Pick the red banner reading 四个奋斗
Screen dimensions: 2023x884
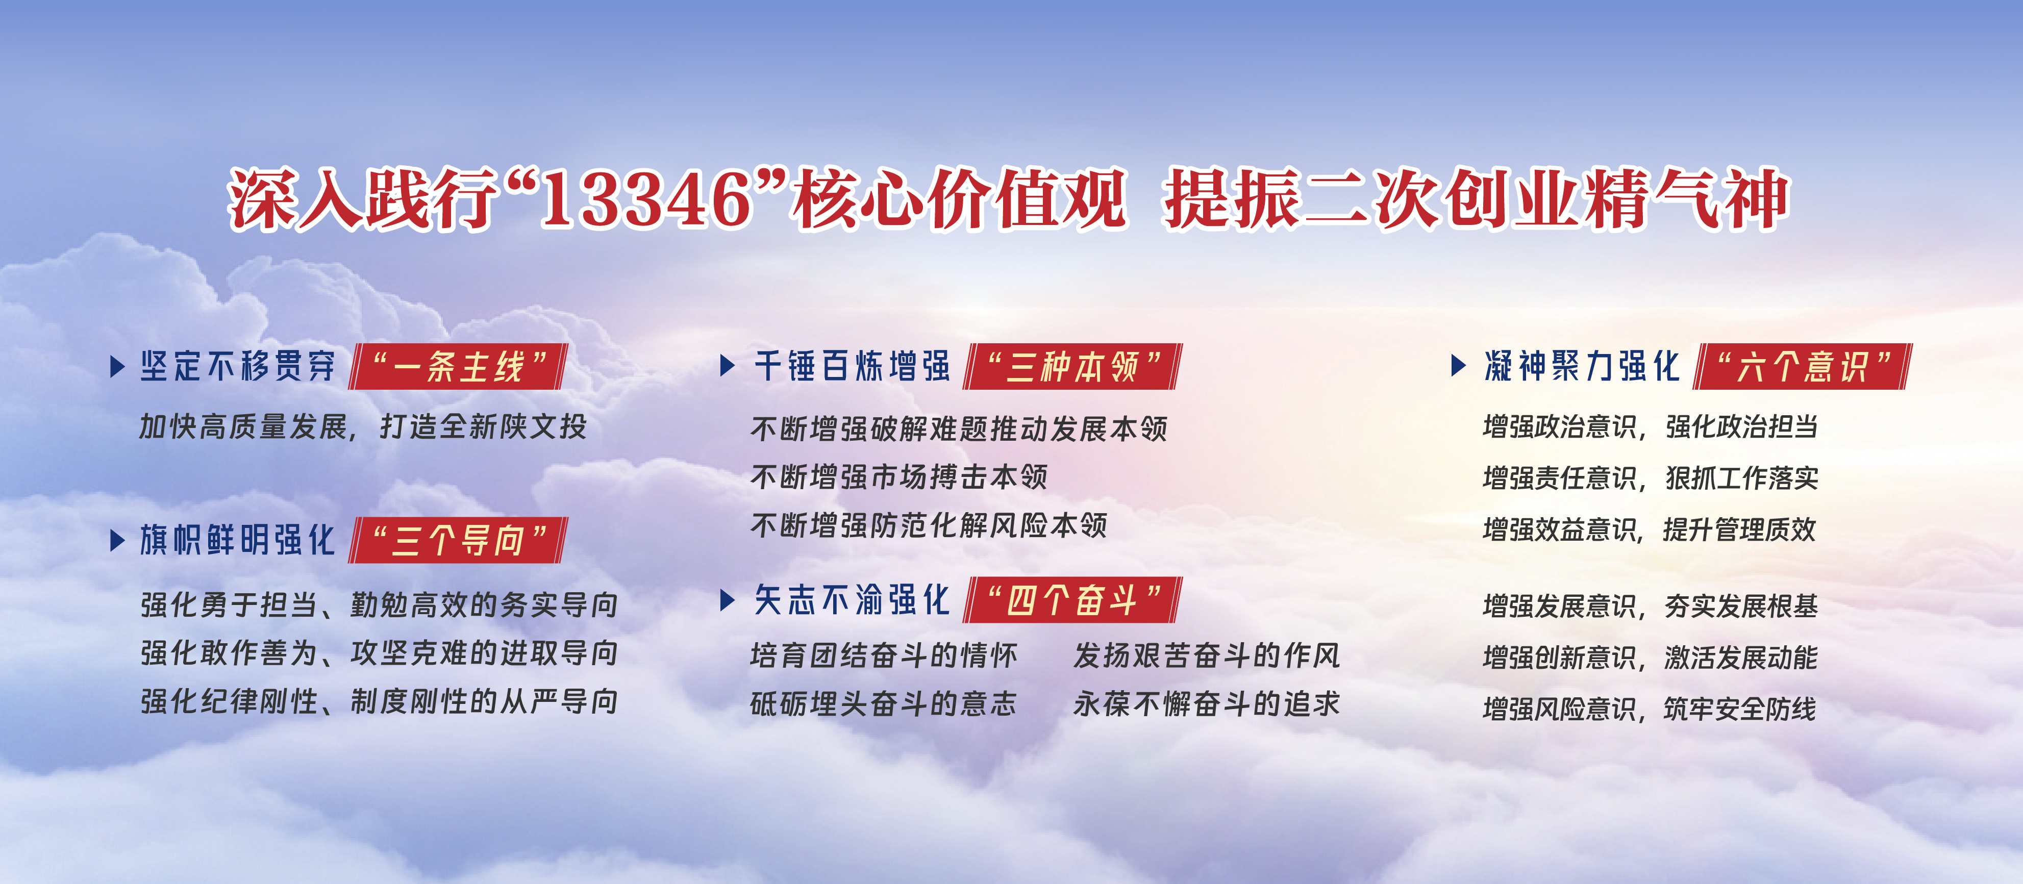coord(1073,600)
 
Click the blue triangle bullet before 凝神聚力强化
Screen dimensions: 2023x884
coord(1458,366)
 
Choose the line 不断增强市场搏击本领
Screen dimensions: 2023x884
coord(899,476)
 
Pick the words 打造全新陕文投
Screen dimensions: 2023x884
coord(484,427)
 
